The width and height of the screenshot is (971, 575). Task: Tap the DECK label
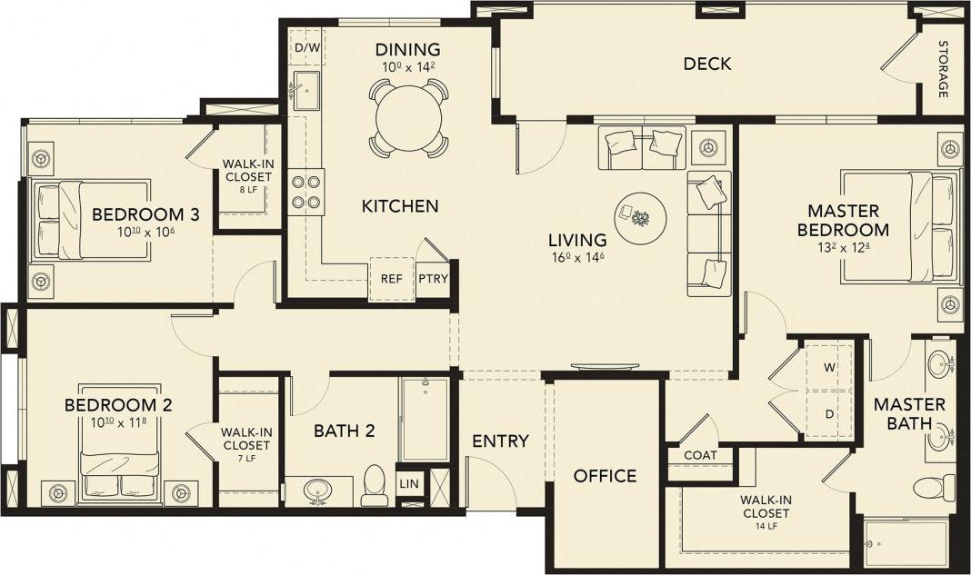(x=707, y=64)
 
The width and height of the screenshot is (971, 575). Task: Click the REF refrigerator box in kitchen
(x=391, y=279)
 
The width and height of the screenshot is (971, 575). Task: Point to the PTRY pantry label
(x=433, y=279)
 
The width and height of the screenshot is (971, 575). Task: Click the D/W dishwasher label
(x=306, y=47)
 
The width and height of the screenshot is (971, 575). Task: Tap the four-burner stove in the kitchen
(x=305, y=192)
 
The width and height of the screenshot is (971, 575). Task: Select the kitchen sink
(x=306, y=92)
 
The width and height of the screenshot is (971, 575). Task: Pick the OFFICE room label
(x=605, y=476)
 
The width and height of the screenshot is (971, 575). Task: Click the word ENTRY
(x=500, y=441)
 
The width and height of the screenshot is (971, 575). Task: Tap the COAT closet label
(x=701, y=455)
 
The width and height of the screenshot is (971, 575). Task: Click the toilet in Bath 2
(x=375, y=486)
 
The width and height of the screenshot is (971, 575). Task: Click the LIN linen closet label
(x=409, y=483)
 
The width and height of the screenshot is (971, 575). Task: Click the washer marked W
(x=828, y=368)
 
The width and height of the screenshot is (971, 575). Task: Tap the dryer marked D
(x=828, y=414)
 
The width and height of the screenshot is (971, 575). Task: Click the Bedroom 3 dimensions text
(x=145, y=233)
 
